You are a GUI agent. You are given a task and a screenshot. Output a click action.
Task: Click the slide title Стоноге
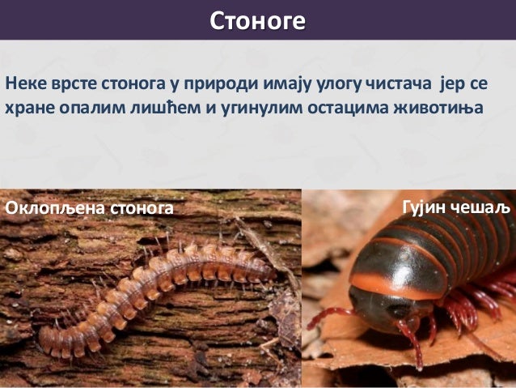[x=257, y=19]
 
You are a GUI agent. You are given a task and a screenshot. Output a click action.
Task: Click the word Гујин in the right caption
[x=425, y=207]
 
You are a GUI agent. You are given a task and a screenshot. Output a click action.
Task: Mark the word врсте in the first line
[x=68, y=83]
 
